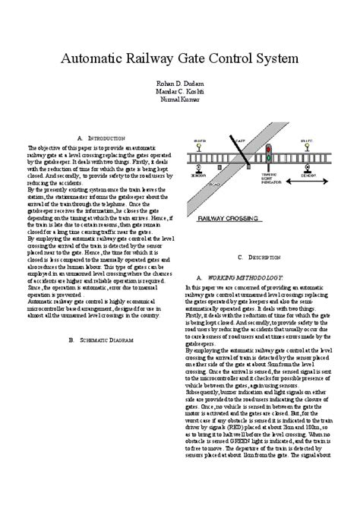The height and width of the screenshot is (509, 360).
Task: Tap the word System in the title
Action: (x=274, y=58)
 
